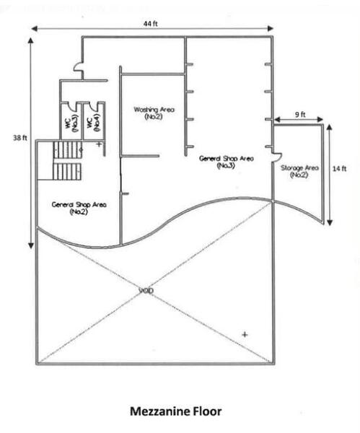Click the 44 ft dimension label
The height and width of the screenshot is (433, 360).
point(151,24)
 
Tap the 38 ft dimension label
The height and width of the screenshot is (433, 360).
point(20,138)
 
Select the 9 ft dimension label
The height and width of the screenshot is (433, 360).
point(300,114)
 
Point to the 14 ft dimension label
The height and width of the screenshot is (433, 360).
point(339,168)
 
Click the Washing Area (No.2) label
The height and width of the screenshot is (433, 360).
point(154,113)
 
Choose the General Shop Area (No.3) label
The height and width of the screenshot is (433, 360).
point(226,162)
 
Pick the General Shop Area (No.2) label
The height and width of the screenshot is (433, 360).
point(79,209)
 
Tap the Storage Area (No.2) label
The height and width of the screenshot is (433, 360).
point(299,171)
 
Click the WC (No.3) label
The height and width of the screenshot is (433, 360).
point(71,123)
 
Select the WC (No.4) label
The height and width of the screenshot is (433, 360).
point(93,123)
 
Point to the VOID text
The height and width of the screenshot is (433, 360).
point(146,291)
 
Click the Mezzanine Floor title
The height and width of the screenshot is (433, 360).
point(175,411)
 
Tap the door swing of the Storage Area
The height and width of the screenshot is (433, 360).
point(277,157)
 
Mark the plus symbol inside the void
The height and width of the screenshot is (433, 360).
point(245,334)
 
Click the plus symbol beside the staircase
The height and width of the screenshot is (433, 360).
point(99,144)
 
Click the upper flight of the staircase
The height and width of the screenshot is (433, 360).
point(68,149)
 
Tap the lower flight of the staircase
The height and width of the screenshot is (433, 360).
point(67,172)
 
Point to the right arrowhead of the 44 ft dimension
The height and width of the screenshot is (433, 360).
point(271,28)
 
